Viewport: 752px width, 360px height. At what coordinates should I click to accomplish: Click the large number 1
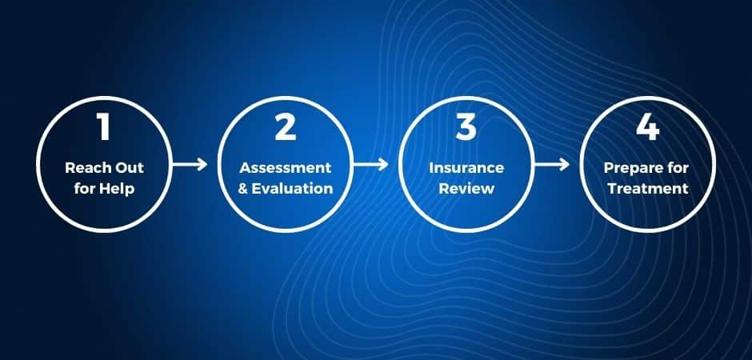[103, 127]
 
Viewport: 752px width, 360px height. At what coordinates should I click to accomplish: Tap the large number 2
[285, 127]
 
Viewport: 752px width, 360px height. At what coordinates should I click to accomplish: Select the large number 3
[466, 127]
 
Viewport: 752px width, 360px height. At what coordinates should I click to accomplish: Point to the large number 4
[647, 127]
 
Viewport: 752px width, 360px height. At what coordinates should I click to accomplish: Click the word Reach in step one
[85, 168]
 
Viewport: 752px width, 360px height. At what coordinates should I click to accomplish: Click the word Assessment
[286, 168]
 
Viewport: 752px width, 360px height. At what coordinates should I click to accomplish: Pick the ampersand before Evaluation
[243, 188]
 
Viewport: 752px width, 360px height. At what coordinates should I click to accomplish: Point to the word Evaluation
[292, 188]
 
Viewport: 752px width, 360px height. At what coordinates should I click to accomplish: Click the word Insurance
[466, 168]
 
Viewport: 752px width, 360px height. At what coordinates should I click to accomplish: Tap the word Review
[466, 188]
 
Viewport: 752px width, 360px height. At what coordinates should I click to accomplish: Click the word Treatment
[648, 188]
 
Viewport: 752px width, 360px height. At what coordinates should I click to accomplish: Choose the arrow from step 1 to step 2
[190, 165]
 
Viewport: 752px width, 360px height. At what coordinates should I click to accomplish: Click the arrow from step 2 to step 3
[370, 165]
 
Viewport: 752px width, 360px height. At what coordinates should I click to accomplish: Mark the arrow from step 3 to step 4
[552, 165]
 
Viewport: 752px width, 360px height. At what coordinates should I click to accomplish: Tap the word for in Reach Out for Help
[85, 188]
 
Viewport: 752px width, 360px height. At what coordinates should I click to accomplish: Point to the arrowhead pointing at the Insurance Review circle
[384, 165]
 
